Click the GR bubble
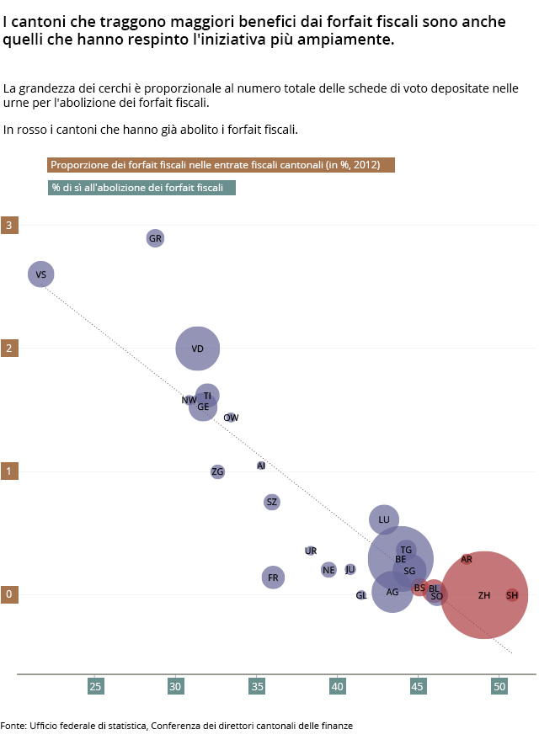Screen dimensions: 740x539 click(155, 238)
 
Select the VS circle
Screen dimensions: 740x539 click(40, 274)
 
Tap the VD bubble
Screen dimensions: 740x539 click(198, 348)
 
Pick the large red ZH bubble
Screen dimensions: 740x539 click(484, 595)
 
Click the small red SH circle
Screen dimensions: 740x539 click(512, 595)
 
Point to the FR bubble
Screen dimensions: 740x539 click(273, 578)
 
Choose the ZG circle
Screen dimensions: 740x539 click(218, 471)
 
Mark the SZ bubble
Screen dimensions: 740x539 click(271, 502)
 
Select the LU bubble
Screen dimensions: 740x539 click(384, 519)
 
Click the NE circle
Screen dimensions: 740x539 click(328, 570)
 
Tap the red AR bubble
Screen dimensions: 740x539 click(467, 559)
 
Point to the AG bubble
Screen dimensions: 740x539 click(392, 592)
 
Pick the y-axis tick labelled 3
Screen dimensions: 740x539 click(9, 226)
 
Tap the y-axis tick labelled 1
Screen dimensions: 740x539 click(9, 471)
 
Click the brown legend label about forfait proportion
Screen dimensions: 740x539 click(221, 165)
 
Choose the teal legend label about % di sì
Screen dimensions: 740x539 click(141, 188)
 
